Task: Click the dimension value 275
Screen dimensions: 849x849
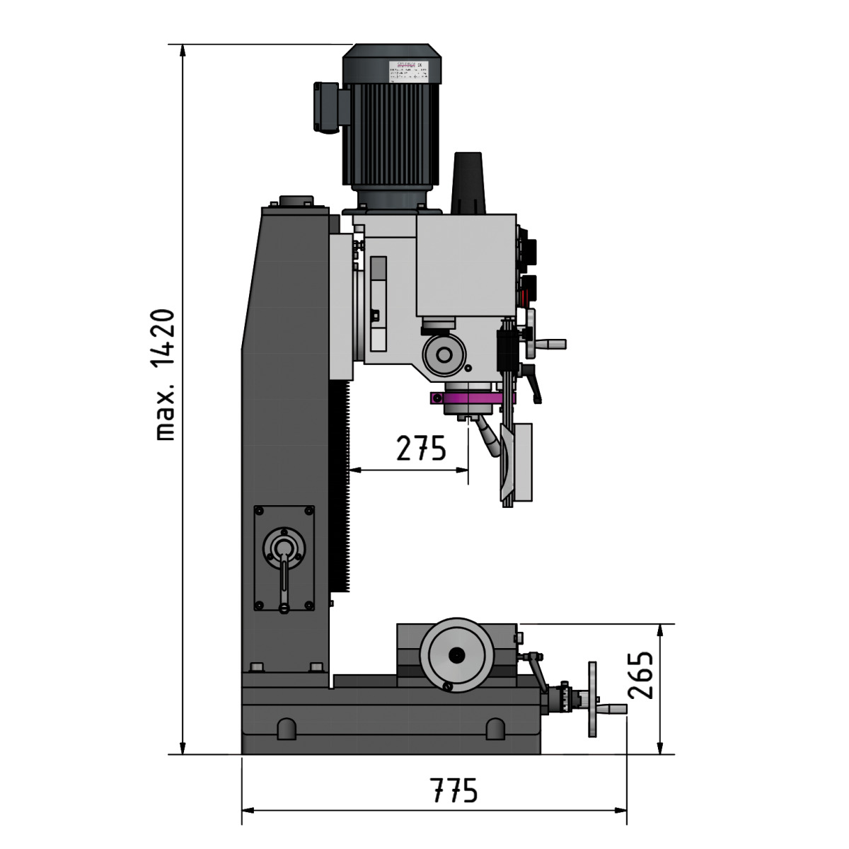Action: (x=421, y=449)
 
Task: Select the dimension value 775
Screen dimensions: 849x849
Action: (x=455, y=790)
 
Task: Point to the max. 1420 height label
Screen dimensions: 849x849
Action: (x=164, y=374)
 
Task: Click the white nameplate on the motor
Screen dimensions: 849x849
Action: (x=406, y=71)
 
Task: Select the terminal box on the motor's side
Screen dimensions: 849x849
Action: (x=327, y=107)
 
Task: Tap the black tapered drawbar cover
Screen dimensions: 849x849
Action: (x=467, y=183)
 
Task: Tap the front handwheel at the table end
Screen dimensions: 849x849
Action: (x=592, y=700)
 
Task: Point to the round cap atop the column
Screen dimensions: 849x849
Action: (x=295, y=201)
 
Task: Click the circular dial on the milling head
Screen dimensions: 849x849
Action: (x=444, y=353)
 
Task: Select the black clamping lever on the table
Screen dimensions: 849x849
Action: (x=535, y=672)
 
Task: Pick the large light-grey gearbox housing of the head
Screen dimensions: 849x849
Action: (x=466, y=265)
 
